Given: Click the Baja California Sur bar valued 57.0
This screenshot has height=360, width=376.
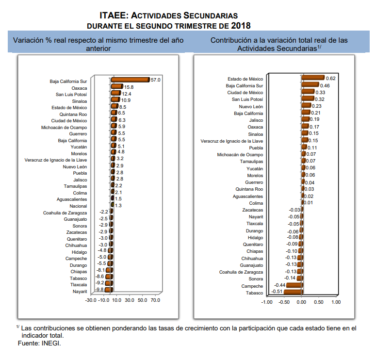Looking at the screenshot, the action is coord(131,80).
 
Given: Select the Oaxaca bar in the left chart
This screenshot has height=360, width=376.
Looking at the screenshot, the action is coord(117,86).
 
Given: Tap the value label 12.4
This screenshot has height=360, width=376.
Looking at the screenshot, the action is coord(126,94).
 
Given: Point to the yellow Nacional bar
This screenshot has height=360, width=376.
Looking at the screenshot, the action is coord(113,205).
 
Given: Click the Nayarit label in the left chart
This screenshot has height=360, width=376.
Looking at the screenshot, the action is coord(80,292).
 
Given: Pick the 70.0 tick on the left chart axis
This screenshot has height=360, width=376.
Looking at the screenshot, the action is coord(155,300).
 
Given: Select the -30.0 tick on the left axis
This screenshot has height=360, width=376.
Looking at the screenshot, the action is coord(91,300).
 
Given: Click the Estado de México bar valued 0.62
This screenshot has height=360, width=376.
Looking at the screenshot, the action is coord(313,78).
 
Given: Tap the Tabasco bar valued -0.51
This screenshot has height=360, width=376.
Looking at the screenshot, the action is coord(293,292).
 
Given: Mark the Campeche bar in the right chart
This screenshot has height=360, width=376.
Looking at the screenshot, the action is coord(294,285).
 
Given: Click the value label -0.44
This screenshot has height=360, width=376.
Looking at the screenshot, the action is coord(279,285).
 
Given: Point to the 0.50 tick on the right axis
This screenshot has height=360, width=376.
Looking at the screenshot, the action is coord(318,302).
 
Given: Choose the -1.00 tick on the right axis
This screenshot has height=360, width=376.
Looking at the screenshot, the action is coord(267,302).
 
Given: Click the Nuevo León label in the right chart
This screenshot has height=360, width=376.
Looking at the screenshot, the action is coord(251,106).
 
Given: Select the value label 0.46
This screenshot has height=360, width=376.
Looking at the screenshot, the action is coord(325,85).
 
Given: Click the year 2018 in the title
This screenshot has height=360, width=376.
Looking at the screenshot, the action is coord(241,26).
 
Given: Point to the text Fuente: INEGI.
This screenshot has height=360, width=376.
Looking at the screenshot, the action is coord(39,343).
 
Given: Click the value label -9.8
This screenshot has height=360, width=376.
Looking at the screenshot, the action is coord(99,290).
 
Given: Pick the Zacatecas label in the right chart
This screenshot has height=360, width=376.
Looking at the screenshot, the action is coord(252,210).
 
